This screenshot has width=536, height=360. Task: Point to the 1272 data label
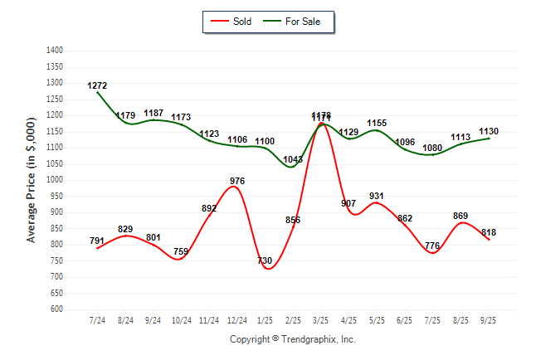[97, 85]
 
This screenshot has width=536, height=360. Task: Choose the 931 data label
[377, 196]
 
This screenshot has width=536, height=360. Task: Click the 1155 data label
[377, 123]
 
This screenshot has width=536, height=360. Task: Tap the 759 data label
[181, 251]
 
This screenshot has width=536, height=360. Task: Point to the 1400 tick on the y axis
[55, 51]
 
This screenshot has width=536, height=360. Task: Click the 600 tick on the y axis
[57, 309]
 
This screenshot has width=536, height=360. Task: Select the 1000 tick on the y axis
[55, 180]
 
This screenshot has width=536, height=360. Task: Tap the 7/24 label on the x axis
[97, 319]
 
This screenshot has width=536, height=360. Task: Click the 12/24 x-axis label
[236, 319]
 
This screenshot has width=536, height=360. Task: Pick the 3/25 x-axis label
[321, 319]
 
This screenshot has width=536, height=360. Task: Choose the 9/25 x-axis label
[489, 319]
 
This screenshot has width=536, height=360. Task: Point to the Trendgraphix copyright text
[292, 339]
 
